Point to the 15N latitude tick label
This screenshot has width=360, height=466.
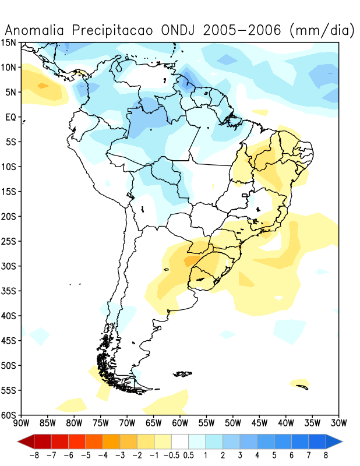[x=9, y=43]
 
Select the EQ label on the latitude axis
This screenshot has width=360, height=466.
[x=10, y=117]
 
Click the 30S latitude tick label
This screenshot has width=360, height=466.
[x=9, y=266]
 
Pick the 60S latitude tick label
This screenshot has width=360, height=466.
[x=9, y=415]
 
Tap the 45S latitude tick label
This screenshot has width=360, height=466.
[x=9, y=341]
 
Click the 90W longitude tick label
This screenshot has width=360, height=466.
[x=21, y=422]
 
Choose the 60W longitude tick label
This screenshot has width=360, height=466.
[x=180, y=422]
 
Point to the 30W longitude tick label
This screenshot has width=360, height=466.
[x=338, y=422]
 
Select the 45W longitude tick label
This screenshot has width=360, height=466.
[x=259, y=422]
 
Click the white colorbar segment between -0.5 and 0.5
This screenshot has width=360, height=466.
[x=180, y=440]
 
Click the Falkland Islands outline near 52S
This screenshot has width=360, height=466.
[x=183, y=373]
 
